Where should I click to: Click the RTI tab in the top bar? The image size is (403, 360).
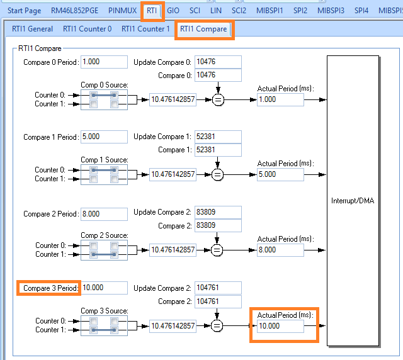(x=152, y=11)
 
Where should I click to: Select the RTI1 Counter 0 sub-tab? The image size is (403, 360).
(x=87, y=29)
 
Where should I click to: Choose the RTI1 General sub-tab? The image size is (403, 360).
(x=32, y=29)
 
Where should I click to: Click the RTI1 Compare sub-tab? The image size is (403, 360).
(x=203, y=29)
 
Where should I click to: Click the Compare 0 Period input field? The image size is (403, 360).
(x=104, y=62)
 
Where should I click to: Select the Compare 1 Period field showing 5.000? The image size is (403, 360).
(x=104, y=137)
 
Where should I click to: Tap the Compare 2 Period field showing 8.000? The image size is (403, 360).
(x=104, y=213)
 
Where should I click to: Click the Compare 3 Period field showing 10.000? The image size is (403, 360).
(x=104, y=288)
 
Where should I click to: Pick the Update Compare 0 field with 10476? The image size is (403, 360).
(x=218, y=62)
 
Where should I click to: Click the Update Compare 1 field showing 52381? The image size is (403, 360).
(x=218, y=137)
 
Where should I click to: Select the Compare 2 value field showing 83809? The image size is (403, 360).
(x=218, y=225)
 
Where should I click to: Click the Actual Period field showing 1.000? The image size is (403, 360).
(x=280, y=99)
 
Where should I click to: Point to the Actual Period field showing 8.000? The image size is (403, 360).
(x=280, y=250)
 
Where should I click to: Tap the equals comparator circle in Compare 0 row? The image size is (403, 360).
(x=218, y=99)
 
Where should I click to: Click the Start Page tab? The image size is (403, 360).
(x=25, y=11)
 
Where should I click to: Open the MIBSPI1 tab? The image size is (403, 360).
(x=270, y=11)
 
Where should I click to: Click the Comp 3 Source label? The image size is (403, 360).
(x=104, y=311)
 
